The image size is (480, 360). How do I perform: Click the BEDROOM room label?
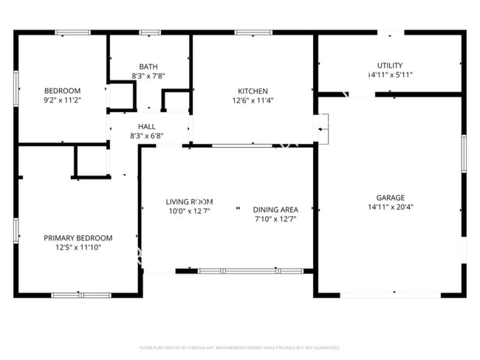[x=62, y=91]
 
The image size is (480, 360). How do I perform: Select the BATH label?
[x=148, y=66]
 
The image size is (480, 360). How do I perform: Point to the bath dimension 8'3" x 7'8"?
[x=148, y=75]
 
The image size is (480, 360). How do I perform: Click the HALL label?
[x=147, y=126]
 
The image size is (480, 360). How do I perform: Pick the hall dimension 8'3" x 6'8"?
[x=147, y=136]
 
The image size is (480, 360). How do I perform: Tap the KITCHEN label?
[x=253, y=91]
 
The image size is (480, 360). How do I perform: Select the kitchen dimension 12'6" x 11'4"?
[x=253, y=101]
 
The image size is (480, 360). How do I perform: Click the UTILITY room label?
[x=390, y=66]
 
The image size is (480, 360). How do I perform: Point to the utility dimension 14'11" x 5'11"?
[x=390, y=75]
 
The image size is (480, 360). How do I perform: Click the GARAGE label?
[x=390, y=197]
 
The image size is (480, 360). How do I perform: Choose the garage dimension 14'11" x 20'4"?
[x=390, y=207]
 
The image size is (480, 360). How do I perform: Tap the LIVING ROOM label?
[x=189, y=201]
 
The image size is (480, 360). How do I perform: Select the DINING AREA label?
[x=275, y=209]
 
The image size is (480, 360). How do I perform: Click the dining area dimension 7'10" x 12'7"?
[x=275, y=219]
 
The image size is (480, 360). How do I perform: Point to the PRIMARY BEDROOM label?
[x=78, y=238]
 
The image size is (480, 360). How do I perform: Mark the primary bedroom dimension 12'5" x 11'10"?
[x=78, y=248]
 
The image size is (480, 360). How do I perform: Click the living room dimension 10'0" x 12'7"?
[x=189, y=211]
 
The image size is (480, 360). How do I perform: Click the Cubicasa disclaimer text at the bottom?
[x=240, y=347]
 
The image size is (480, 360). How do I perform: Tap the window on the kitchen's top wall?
[x=249, y=32]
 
